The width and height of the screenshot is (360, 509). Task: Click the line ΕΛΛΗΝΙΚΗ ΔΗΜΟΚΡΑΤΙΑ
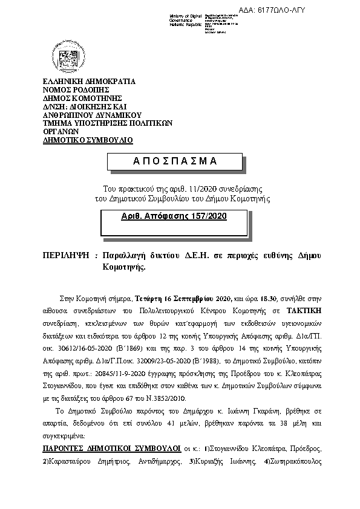pyautogui.click(x=89, y=81)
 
